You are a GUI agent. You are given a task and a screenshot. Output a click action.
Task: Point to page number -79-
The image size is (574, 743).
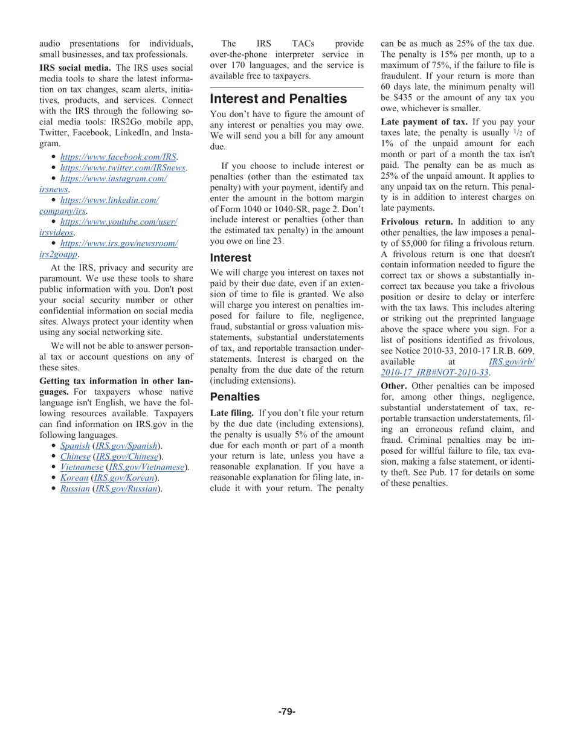286,712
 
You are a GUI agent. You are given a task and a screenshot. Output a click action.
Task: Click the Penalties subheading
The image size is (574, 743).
234,397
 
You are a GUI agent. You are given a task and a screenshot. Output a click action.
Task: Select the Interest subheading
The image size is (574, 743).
230,257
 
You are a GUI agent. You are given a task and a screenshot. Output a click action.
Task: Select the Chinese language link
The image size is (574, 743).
75,456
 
